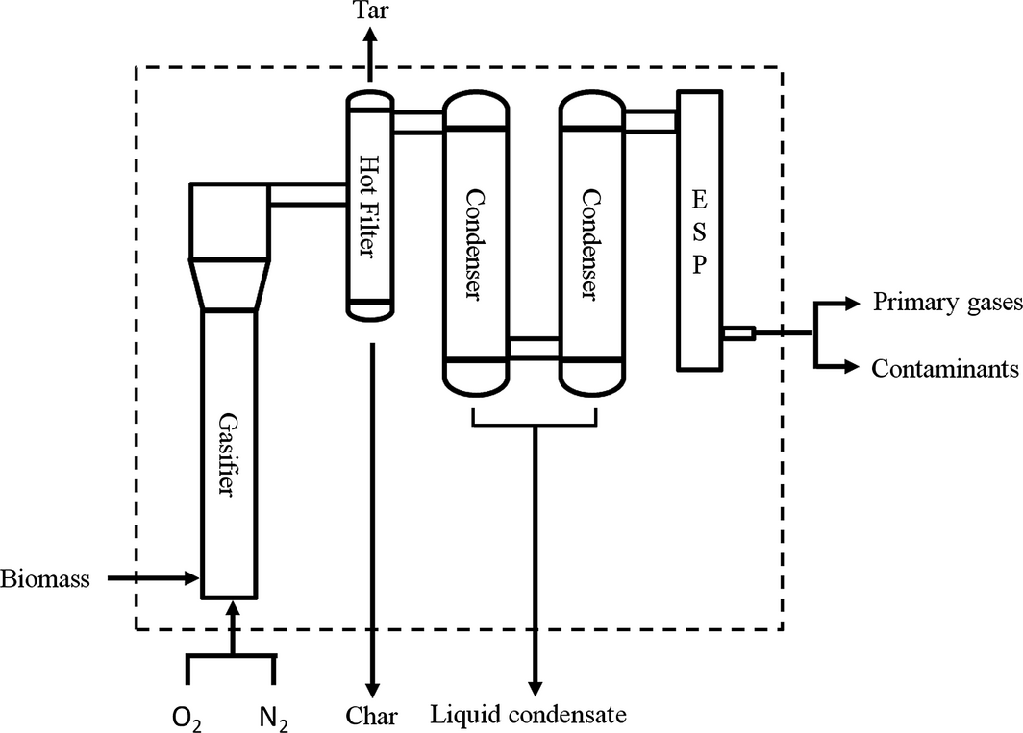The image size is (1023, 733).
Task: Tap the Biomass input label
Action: pyautogui.click(x=45, y=579)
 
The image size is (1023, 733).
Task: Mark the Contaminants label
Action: pyautogui.click(x=945, y=368)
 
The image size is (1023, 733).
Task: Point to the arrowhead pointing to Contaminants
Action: pyautogui.click(x=848, y=367)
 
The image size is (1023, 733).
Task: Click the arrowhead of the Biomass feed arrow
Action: pyautogui.click(x=191, y=578)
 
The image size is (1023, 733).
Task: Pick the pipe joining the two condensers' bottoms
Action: pyautogui.click(x=534, y=347)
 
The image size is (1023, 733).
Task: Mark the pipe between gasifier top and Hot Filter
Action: pyautogui.click(x=308, y=194)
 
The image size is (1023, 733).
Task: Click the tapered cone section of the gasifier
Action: pyautogui.click(x=229, y=284)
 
